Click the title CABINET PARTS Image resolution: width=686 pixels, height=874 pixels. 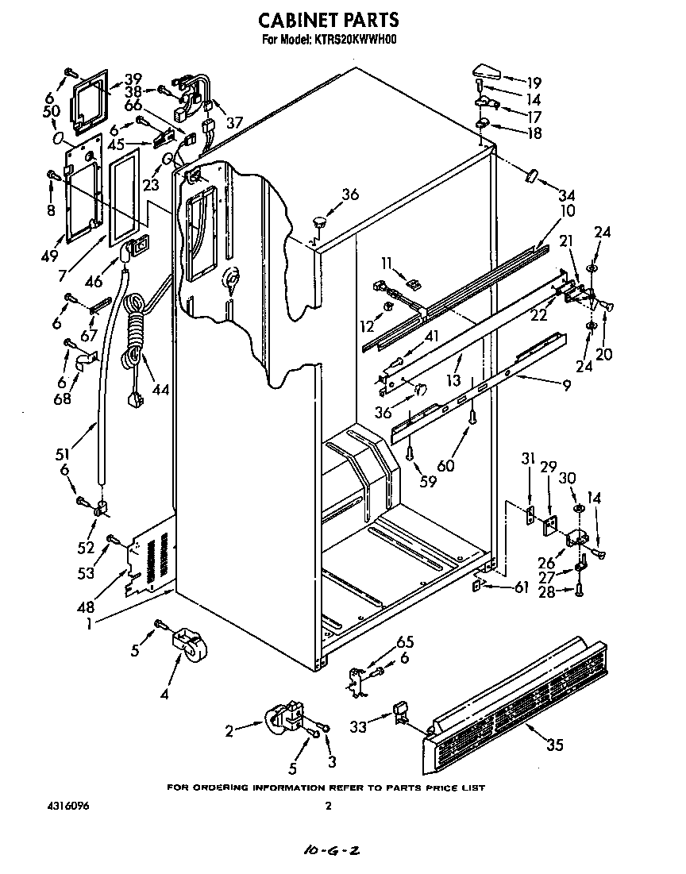pyautogui.click(x=330, y=20)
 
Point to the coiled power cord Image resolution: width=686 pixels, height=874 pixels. pyautogui.click(x=136, y=333)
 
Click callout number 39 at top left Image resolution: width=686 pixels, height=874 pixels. pyautogui.click(x=132, y=79)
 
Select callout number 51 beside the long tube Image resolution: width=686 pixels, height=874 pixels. pyautogui.click(x=62, y=454)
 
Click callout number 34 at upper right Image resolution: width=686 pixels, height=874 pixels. pyautogui.click(x=566, y=195)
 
